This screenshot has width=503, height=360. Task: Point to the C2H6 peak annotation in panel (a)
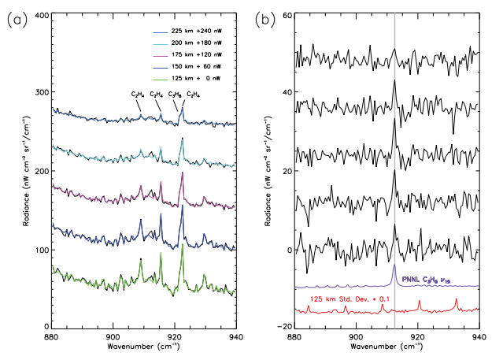(x=173, y=95)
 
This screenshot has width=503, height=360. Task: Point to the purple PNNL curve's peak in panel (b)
(x=394, y=265)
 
